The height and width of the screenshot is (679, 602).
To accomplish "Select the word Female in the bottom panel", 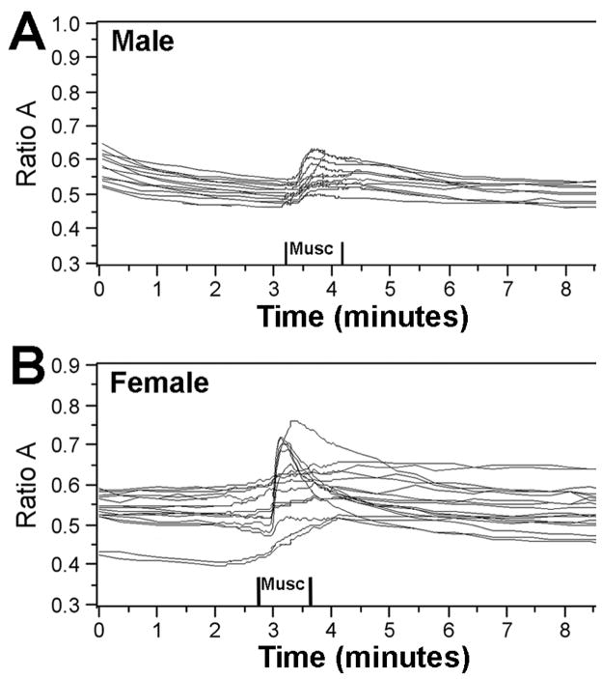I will coord(159,384).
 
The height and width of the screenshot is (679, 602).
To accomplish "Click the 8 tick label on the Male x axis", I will coord(564,288).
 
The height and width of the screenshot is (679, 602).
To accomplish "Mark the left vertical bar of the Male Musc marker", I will coord(286,251).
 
